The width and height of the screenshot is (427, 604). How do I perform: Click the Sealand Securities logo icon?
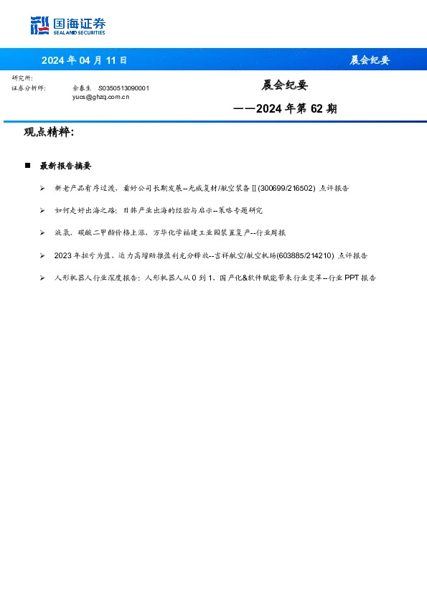coord(39,26)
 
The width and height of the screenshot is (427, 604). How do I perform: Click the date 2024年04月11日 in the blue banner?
coord(84,60)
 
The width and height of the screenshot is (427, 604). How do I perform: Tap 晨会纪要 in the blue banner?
coord(369,60)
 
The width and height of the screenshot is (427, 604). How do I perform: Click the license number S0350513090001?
coord(123,88)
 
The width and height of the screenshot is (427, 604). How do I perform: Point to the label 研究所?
coord(22,78)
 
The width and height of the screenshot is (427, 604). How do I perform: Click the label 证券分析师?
coord(29,88)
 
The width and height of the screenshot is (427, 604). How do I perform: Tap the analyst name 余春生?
coord(82,88)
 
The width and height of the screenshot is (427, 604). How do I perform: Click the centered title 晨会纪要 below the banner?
coord(284,85)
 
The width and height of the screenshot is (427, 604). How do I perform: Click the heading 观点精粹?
coord(49,133)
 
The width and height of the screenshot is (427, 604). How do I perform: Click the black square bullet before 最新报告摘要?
coord(27,166)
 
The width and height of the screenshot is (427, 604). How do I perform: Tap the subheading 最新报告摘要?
coord(65,166)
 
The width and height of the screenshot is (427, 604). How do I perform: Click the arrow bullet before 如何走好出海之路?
coord(42,210)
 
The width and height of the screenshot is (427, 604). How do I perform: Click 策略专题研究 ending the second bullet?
coord(244,210)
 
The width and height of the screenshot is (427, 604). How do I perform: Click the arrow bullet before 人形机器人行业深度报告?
coord(42,278)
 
